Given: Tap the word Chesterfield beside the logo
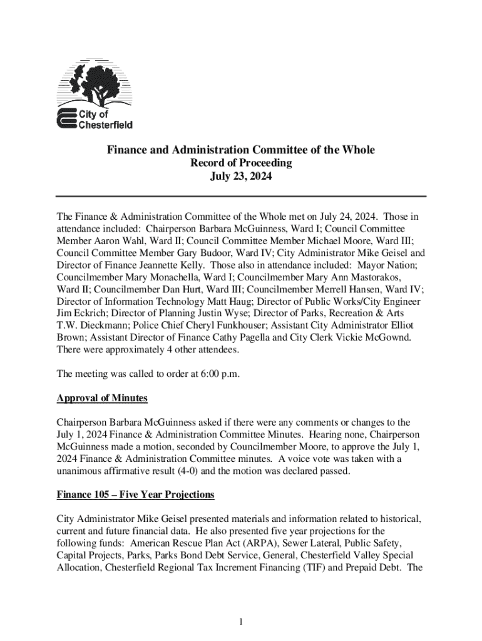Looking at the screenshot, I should tap(105, 125).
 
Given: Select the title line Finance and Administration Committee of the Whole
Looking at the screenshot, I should tap(240, 150).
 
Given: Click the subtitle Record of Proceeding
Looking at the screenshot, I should tap(240, 163).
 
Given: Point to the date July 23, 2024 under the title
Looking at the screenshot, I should tap(240, 177).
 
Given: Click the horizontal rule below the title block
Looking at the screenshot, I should tap(241, 196).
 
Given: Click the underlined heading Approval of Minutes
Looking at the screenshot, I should tap(102, 398).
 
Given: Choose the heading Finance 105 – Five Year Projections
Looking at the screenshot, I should tap(135, 495).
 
